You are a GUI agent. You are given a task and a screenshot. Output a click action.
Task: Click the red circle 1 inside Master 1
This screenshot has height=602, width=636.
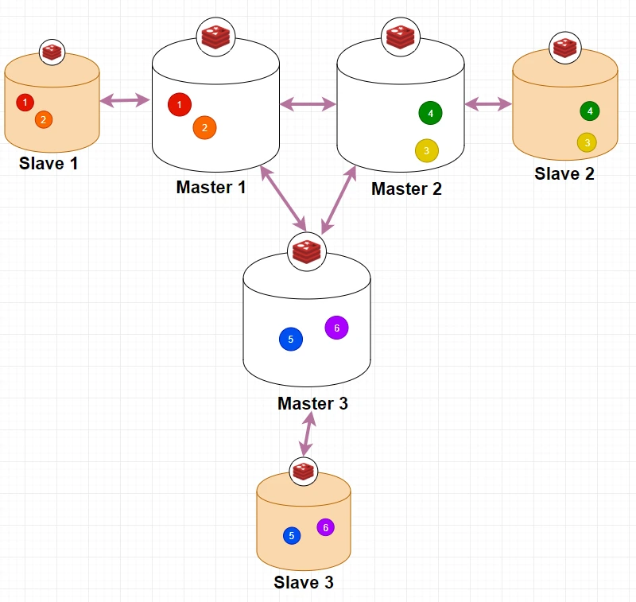tap(180, 104)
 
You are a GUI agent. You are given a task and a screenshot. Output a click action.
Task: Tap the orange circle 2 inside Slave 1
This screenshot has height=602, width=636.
tap(44, 119)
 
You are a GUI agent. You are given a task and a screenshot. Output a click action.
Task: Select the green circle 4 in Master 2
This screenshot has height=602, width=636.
tap(430, 113)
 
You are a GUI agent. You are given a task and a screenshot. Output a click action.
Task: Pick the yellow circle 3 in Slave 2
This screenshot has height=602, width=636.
tap(587, 142)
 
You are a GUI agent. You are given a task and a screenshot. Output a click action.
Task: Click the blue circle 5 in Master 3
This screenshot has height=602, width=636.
tap(291, 340)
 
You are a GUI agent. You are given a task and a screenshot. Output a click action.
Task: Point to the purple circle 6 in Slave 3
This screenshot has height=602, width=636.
tap(326, 527)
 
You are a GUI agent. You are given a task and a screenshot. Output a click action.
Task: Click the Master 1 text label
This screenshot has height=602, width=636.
tap(211, 188)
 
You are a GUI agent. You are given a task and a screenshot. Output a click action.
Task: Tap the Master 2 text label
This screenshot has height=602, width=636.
tap(406, 189)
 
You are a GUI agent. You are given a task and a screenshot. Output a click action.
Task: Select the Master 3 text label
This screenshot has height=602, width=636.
tap(312, 404)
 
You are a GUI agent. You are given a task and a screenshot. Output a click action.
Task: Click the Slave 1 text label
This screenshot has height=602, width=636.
tap(49, 164)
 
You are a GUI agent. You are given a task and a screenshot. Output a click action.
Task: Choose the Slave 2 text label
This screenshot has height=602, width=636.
tap(564, 173)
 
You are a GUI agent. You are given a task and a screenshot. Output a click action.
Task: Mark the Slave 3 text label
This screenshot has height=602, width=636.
tap(304, 583)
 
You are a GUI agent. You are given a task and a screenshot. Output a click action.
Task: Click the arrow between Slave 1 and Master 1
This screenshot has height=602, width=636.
tap(126, 100)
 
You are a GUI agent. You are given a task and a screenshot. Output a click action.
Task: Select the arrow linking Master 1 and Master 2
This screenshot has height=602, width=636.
tap(308, 103)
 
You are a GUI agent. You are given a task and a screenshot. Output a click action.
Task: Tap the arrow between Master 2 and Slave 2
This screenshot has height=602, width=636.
tap(488, 103)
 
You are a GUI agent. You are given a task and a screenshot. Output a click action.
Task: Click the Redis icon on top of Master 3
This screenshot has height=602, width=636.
tap(306, 251)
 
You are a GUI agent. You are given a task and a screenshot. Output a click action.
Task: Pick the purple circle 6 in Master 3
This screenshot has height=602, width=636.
tap(336, 328)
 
